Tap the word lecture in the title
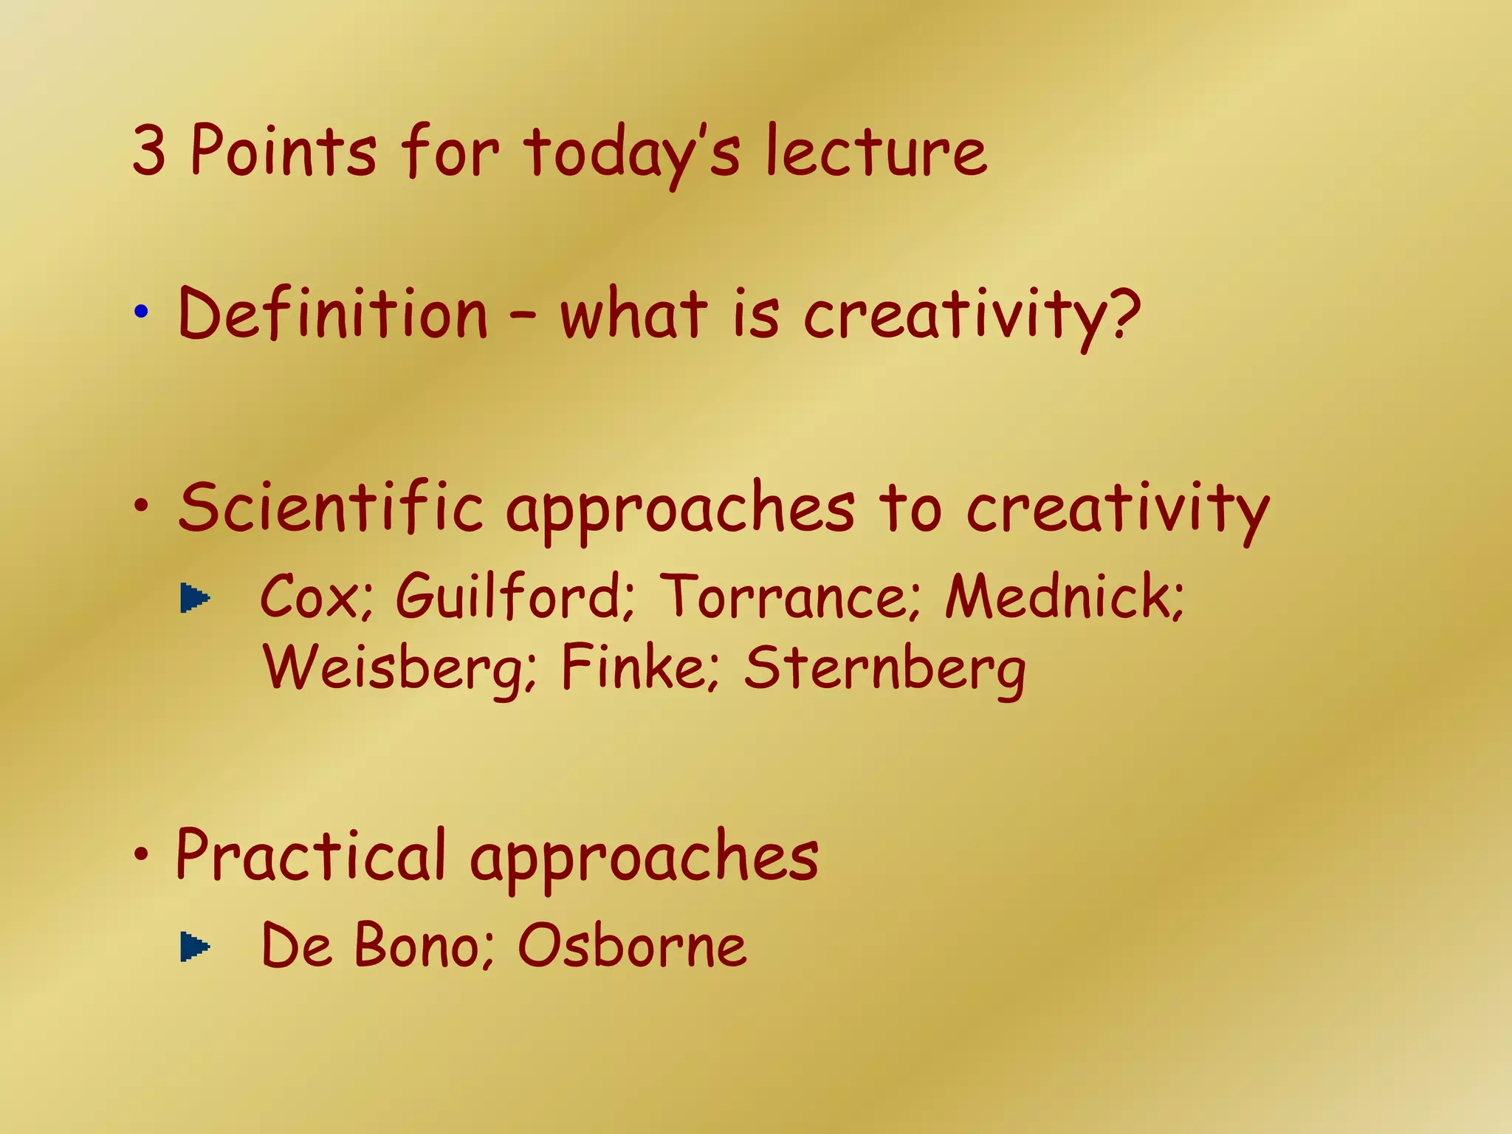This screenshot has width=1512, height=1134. click(876, 152)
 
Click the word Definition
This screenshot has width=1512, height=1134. click(333, 315)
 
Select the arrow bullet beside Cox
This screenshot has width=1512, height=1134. click(195, 598)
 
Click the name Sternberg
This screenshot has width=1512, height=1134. click(884, 668)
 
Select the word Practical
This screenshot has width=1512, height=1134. click(311, 856)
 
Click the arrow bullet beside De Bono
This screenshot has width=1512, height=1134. click(195, 946)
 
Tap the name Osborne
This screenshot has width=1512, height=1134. click(632, 946)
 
